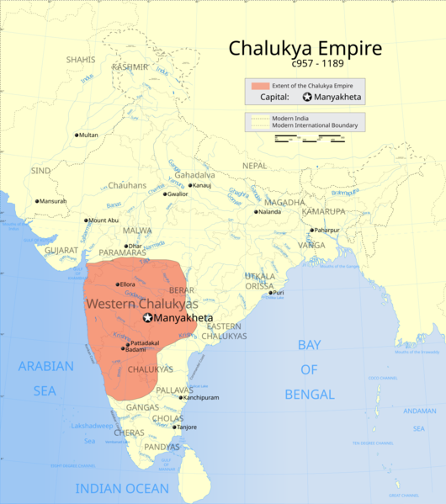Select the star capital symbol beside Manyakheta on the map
[148, 318]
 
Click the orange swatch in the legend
[258, 86]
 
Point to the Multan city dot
[77, 135]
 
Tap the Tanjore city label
[186, 427]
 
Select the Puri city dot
[270, 293]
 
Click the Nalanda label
[269, 212]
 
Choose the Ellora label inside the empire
[126, 284]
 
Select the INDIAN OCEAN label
[122, 488]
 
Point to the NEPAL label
[254, 166]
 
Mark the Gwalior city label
[177, 194]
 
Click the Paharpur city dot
[311, 230]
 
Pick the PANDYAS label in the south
[162, 447]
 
